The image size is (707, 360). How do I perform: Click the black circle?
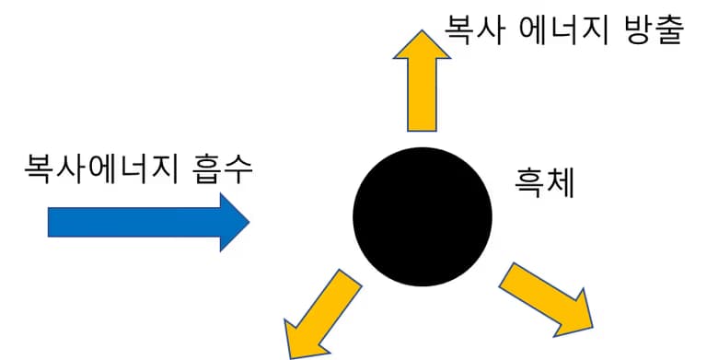coord(423,215)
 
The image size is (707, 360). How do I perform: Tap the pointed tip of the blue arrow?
coord(249,222)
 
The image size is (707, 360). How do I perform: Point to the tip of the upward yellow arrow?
coord(421,31)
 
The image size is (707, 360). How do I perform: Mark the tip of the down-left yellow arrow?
coord(291,355)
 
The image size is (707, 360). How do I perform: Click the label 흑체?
coord(546,183)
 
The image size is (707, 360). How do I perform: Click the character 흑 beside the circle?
coord(530,183)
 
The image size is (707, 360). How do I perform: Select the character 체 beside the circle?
coord(561,183)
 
